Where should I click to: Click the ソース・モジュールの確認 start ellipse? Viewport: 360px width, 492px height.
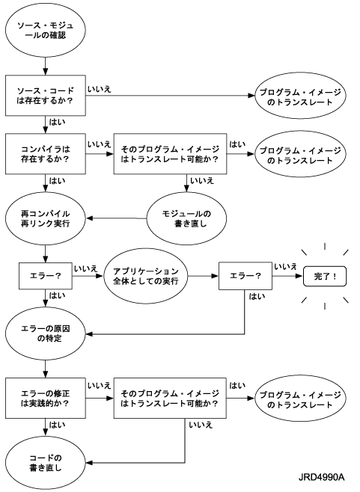46,30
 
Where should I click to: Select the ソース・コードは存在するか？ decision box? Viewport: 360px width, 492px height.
46,96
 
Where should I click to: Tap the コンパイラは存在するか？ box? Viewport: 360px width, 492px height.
46,154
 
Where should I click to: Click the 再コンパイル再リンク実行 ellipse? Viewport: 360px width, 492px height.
46,218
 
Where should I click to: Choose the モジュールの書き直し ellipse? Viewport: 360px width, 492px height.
186,218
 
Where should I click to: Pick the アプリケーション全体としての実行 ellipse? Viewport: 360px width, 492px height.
146,276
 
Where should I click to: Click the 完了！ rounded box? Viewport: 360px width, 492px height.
325,277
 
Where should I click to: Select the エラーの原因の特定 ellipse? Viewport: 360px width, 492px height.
46,333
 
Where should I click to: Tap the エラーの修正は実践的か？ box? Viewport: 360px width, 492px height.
46,399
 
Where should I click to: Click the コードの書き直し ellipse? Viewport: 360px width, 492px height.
46,463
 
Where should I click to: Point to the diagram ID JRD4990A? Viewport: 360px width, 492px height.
321,478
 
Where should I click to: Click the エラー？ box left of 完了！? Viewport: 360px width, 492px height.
245,276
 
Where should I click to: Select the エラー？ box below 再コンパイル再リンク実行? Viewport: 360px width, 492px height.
46,276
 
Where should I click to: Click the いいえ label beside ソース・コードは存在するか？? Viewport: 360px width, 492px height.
100,90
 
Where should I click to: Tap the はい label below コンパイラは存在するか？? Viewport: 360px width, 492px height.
58,181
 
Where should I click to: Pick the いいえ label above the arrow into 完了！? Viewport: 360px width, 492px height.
286,267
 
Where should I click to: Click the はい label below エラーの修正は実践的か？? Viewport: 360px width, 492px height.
58,425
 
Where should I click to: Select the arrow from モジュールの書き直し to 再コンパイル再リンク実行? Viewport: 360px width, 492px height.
116,218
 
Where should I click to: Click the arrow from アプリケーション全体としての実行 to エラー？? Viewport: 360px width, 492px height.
204,276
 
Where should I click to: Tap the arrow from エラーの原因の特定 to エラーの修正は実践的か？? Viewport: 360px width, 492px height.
46,369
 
